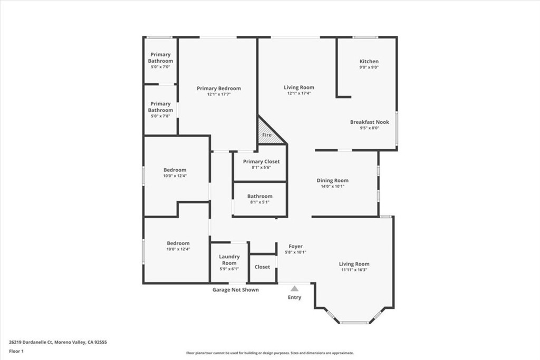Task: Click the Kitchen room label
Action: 369,61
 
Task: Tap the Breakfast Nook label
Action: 369,122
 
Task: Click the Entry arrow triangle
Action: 294,288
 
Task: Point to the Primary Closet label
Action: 261,161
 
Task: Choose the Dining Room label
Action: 332,180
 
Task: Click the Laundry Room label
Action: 229,259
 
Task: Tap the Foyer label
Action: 295,246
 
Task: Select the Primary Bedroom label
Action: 218,88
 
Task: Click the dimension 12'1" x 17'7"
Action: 218,94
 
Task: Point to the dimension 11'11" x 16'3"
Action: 354,270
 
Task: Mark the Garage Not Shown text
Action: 235,289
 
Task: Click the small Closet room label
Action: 262,267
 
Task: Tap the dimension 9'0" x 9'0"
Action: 369,67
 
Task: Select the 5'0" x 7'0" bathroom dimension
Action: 160,67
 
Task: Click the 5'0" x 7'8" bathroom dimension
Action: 160,116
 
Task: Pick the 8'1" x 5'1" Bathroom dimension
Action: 259,202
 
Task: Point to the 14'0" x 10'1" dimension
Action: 332,186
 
